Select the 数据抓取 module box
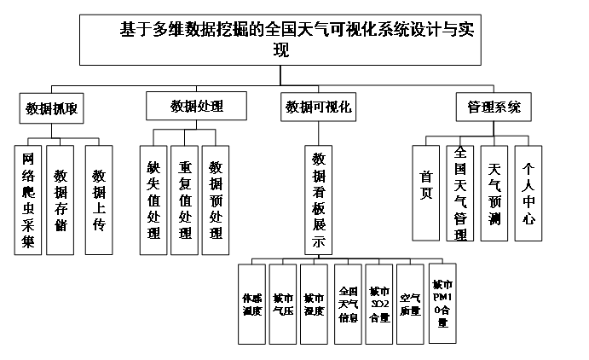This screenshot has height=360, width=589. click(x=55, y=108)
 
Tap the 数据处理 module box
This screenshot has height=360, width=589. click(x=197, y=107)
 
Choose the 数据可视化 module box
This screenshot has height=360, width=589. click(x=318, y=107)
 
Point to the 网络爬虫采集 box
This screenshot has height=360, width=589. click(x=28, y=200)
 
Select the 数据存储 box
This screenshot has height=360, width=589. click(x=61, y=200)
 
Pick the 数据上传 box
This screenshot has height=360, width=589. click(x=99, y=200)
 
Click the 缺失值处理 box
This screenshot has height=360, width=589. click(x=153, y=200)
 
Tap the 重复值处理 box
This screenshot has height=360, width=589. click(x=184, y=200)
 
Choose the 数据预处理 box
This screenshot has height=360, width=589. click(x=216, y=200)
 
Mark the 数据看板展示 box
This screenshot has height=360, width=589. click(x=319, y=200)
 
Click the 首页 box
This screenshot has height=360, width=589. click(x=426, y=193)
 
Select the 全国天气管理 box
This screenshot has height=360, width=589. click(x=460, y=193)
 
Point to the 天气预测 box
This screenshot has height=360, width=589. click(x=494, y=193)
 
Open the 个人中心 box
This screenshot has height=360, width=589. click(x=528, y=193)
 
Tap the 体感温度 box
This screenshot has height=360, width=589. click(x=251, y=304)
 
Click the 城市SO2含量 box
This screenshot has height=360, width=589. click(x=379, y=304)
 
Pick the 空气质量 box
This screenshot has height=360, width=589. click(x=410, y=304)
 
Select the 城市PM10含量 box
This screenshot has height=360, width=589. click(x=442, y=303)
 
